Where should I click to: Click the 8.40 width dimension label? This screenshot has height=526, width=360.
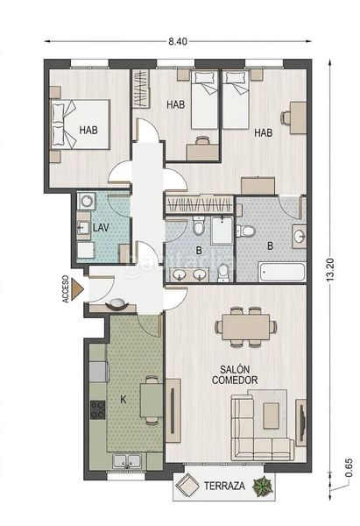(x=178, y=41)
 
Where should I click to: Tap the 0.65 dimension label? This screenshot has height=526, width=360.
(x=349, y=467)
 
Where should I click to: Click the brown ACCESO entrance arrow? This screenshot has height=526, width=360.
(x=78, y=289)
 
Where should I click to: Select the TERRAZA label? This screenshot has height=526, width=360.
(x=224, y=486)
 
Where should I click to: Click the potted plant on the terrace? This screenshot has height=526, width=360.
(x=263, y=486)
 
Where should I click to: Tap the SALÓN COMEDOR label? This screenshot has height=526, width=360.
(x=235, y=374)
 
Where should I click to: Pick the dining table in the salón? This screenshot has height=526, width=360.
(x=246, y=326)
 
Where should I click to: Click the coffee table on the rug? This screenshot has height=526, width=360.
(x=272, y=416)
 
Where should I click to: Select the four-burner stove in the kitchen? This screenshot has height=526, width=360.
(x=97, y=410)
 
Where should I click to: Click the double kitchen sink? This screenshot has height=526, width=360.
(x=127, y=461)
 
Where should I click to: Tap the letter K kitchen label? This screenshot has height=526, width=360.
(x=124, y=399)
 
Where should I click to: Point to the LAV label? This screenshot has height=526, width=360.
(x=101, y=228)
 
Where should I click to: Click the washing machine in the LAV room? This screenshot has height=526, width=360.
(x=87, y=202)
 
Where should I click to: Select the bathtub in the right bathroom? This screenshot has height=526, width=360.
(x=282, y=272)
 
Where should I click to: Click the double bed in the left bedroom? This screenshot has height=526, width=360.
(x=80, y=124)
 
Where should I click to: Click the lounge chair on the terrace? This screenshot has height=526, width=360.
(x=187, y=485)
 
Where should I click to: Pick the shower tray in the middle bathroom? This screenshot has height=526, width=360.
(x=222, y=230)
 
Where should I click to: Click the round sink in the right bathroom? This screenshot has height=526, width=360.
(x=299, y=236)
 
